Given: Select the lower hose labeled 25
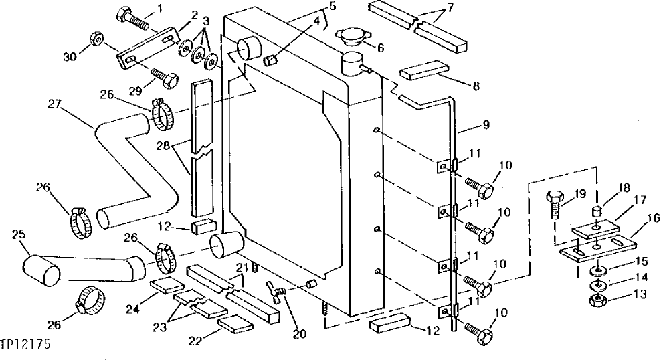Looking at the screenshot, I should click(x=80, y=268).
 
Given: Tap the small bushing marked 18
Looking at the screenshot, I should click(x=597, y=213).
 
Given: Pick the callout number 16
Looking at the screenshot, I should click(x=652, y=217).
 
